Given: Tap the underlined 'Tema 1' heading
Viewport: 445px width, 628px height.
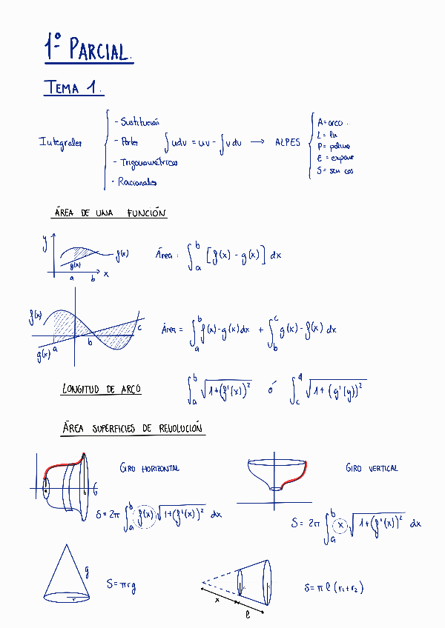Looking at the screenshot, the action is [x=72, y=87].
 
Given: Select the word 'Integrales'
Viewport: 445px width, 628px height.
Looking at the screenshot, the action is [x=61, y=142].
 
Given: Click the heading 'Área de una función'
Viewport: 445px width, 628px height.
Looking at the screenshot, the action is [x=111, y=213].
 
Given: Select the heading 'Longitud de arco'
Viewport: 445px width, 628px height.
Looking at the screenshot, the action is [x=102, y=389].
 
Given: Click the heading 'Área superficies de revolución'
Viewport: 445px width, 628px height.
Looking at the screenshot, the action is [x=133, y=429].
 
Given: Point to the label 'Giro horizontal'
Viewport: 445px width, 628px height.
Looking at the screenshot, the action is [x=149, y=468].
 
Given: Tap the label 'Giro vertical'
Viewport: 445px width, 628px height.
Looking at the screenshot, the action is [x=372, y=468].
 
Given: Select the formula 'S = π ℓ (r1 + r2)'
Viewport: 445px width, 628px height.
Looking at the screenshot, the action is [x=333, y=588].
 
